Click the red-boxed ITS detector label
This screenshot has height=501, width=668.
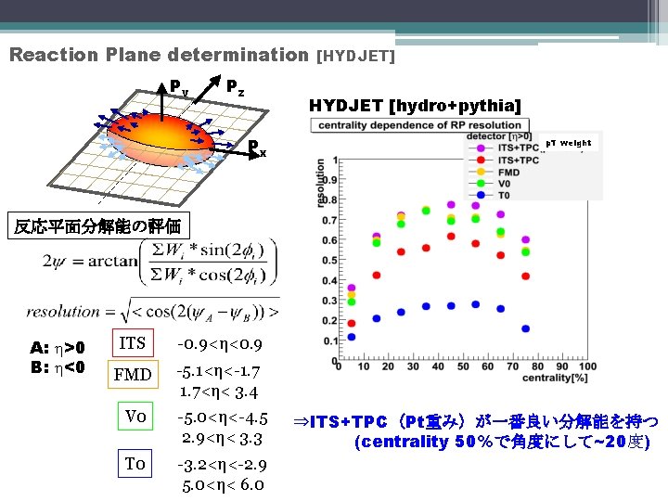pos(133,343)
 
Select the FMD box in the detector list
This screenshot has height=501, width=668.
pos(133,375)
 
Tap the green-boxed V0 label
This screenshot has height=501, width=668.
pos(136,417)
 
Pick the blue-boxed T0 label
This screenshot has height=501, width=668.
pos(136,463)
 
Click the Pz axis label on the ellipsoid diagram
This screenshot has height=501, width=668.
pos(236,86)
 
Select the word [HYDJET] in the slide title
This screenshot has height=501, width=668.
pos(356,56)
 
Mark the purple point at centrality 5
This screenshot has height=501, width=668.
pos(352,289)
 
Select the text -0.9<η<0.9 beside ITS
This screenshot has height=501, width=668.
pos(220,344)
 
